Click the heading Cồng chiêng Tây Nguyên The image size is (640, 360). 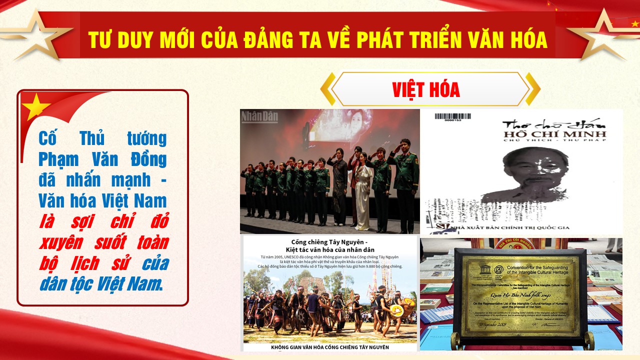coord(329,241)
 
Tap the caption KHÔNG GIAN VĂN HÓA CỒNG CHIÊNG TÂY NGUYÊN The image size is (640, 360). coord(329,346)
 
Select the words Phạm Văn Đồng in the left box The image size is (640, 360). coord(102,160)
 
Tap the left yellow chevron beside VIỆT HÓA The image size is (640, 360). coord(327,89)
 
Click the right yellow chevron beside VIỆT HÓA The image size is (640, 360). coord(533,89)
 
